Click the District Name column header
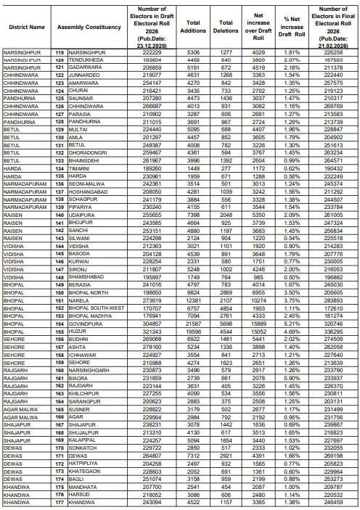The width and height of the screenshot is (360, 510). point(27,27)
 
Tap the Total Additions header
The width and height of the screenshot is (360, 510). point(192,27)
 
